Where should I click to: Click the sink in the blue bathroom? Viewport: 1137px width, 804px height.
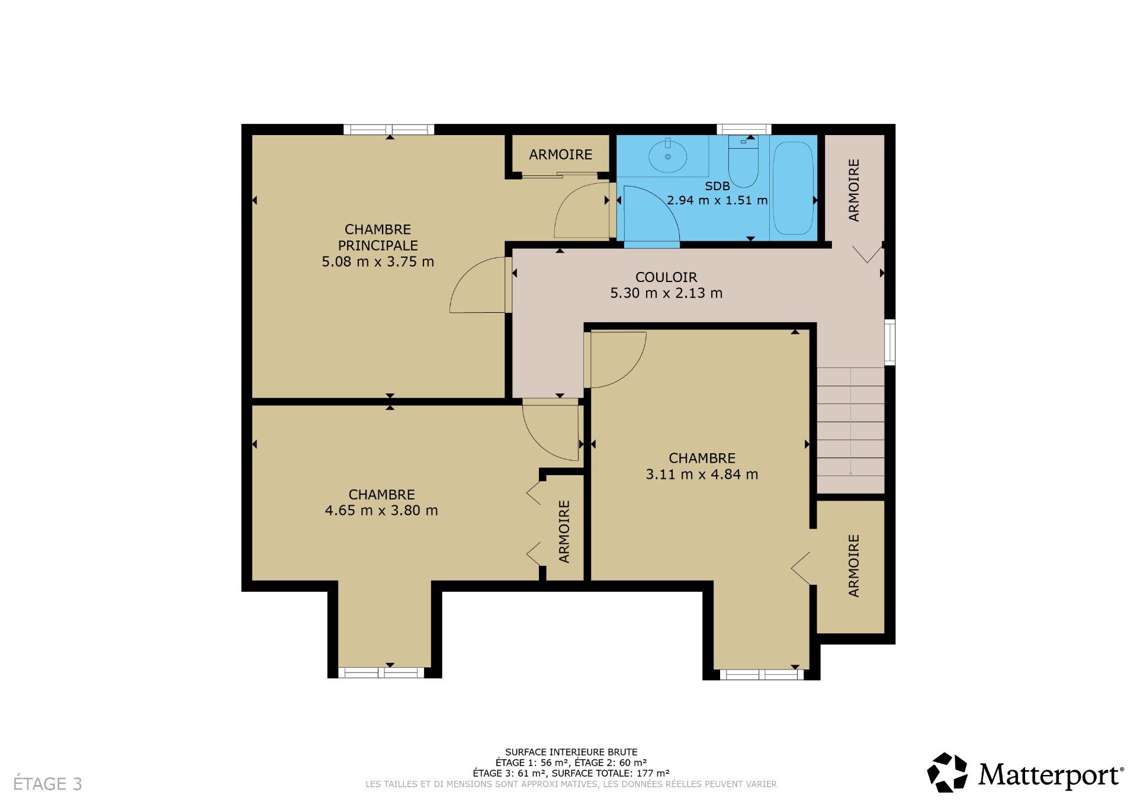pos(667,156)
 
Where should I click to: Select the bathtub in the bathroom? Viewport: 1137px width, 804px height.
pos(793,188)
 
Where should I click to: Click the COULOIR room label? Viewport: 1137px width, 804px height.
pos(666,277)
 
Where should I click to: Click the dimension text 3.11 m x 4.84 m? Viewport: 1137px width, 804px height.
pos(702,475)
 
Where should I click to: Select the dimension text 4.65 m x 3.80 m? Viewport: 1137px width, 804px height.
pos(381,511)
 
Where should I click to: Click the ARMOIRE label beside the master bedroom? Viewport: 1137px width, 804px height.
pos(560,155)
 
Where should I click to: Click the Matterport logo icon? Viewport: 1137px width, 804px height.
pos(947,772)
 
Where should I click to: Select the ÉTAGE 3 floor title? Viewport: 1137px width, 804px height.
pos(47,784)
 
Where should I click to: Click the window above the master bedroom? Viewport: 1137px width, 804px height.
pos(389,129)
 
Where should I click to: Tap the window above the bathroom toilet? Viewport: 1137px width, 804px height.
pos(744,129)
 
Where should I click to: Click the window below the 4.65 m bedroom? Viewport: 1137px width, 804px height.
pos(381,672)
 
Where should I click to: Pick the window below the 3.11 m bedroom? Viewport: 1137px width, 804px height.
pos(762,674)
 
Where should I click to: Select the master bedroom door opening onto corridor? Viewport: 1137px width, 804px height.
pos(477,284)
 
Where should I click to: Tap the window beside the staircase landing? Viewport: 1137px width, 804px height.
pos(889,342)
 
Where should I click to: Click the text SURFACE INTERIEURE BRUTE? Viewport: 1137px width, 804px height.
pos(571,752)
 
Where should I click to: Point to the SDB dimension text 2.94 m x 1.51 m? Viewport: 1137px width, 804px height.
pos(717,201)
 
